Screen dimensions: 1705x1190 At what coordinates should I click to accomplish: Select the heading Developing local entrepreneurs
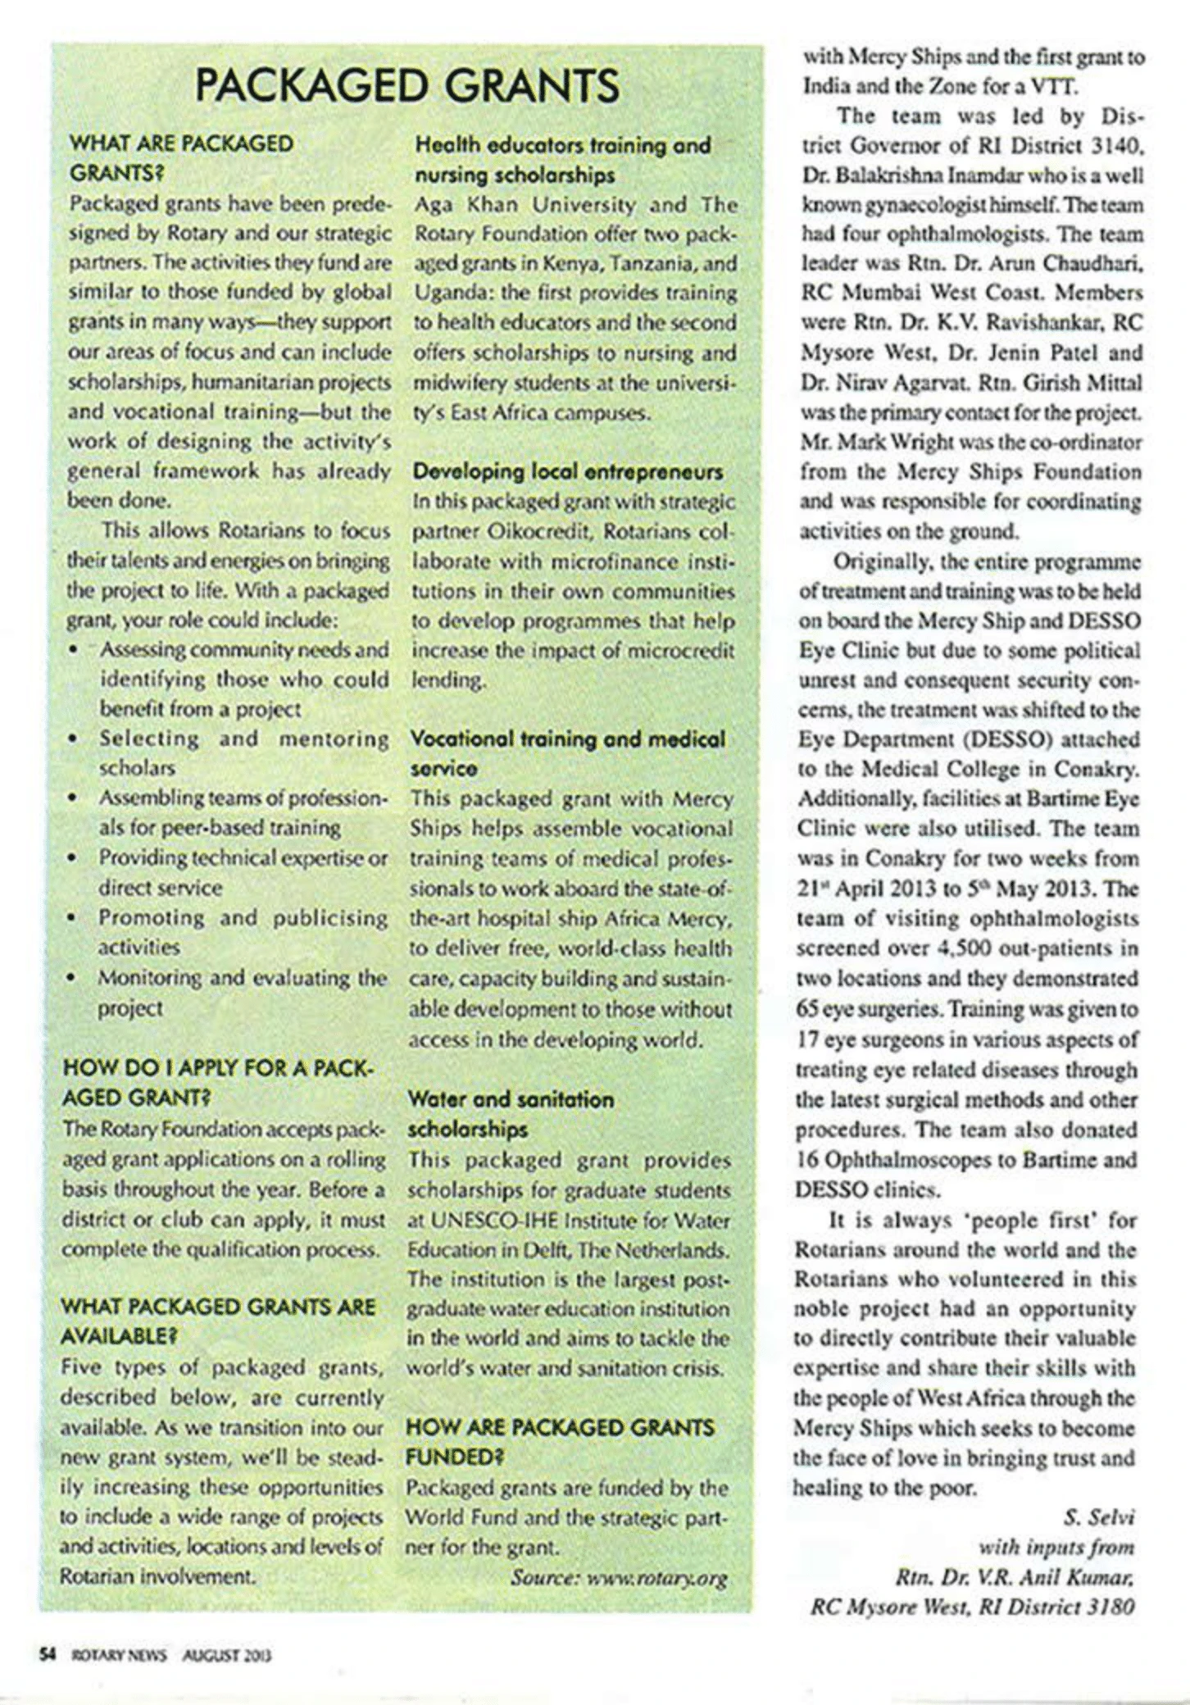click(568, 472)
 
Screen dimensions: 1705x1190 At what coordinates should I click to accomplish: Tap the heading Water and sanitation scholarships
click(511, 1114)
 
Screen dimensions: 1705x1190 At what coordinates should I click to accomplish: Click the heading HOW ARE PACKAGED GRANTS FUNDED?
click(560, 1442)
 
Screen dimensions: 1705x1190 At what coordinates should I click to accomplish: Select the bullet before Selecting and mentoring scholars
click(74, 739)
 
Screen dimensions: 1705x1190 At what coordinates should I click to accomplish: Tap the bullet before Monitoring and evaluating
click(74, 978)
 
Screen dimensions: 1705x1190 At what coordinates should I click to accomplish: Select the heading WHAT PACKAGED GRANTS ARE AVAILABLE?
click(217, 1321)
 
